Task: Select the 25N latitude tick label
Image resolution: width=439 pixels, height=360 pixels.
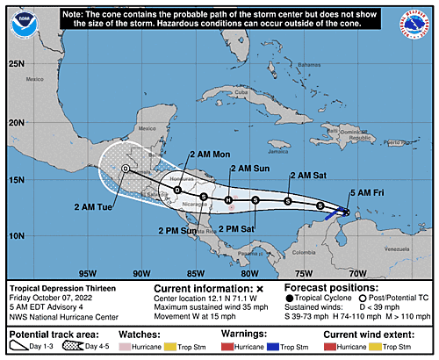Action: point(16,63)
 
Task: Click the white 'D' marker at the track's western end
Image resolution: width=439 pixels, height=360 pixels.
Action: point(126,169)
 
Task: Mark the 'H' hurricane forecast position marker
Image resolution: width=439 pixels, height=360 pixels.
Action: point(228,201)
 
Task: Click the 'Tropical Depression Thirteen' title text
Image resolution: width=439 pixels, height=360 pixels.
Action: point(59,287)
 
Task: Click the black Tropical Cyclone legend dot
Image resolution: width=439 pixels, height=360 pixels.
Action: point(291,298)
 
